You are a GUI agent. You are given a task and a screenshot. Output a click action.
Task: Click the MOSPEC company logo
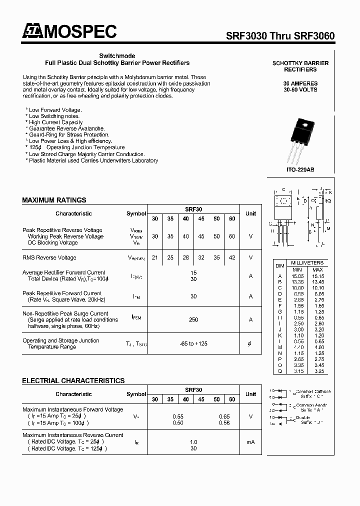coord(69,32)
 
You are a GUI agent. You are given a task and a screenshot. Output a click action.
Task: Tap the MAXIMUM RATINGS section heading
coord(54,200)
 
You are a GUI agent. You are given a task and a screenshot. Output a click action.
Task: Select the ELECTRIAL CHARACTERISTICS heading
coord(73,380)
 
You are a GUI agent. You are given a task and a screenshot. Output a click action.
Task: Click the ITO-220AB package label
coord(300,170)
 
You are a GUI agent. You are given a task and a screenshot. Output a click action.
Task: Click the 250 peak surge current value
coord(193,319)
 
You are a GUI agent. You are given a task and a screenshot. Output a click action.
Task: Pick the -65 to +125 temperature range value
coord(193,343)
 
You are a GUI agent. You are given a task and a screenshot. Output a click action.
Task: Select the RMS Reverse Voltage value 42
coord(232,257)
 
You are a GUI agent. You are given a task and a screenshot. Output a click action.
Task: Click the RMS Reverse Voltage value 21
coord(155,257)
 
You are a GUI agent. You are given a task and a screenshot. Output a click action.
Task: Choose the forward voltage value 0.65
coord(224,416)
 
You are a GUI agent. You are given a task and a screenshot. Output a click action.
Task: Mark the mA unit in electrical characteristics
coord(250,442)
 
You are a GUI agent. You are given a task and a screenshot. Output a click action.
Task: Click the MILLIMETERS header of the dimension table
coord(307,263)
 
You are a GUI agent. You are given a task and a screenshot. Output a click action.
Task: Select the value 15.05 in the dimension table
coord(298,275)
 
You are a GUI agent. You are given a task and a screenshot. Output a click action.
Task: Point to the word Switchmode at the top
coord(117,56)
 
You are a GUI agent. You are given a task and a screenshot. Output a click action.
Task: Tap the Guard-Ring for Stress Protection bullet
coord(68,134)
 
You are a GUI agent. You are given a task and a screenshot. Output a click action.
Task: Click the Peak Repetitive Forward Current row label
coord(62,293)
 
